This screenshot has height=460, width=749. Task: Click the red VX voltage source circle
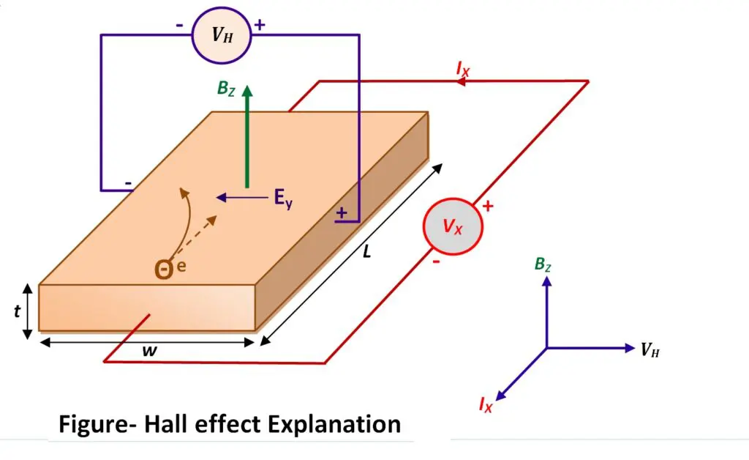[x=453, y=226]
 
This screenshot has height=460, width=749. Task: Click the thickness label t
[x=16, y=311]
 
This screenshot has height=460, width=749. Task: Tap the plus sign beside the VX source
[x=488, y=207]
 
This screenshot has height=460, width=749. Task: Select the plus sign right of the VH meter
[x=259, y=25]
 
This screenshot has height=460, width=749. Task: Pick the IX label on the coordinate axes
[x=486, y=404]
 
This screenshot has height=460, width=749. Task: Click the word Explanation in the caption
[x=328, y=423]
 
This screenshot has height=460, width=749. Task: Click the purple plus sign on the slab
[x=341, y=213]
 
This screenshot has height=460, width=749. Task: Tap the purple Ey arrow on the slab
[x=242, y=197]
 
